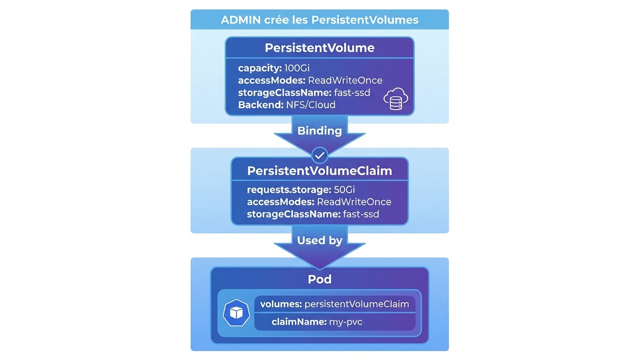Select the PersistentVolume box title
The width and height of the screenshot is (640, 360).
pos(319,48)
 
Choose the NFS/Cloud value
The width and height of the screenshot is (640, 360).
pos(311,105)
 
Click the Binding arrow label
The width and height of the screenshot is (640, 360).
pos(319,131)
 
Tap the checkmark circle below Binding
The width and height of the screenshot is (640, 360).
pos(320,154)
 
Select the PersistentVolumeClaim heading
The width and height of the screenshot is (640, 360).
pos(319,171)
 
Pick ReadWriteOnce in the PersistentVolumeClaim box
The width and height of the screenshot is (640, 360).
pos(354,202)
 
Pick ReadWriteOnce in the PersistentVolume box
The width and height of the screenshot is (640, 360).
pos(345,81)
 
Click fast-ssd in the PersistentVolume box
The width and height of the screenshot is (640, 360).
pos(352,93)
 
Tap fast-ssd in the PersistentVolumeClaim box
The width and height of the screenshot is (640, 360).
pos(361,214)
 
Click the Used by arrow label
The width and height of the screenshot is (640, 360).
pos(319,240)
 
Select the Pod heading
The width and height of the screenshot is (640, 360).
pos(319,279)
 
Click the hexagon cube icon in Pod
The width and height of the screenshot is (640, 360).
pos(236,313)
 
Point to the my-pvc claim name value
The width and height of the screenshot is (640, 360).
pos(346,322)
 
